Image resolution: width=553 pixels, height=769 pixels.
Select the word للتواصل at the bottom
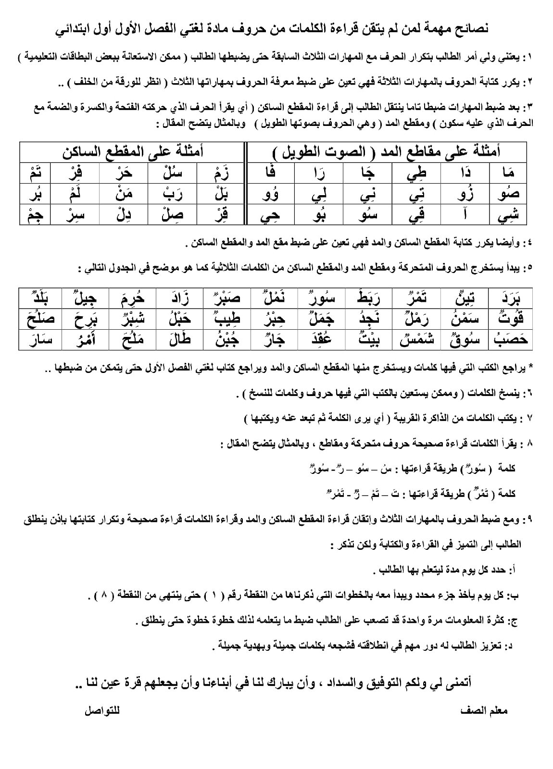tap(102, 710)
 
